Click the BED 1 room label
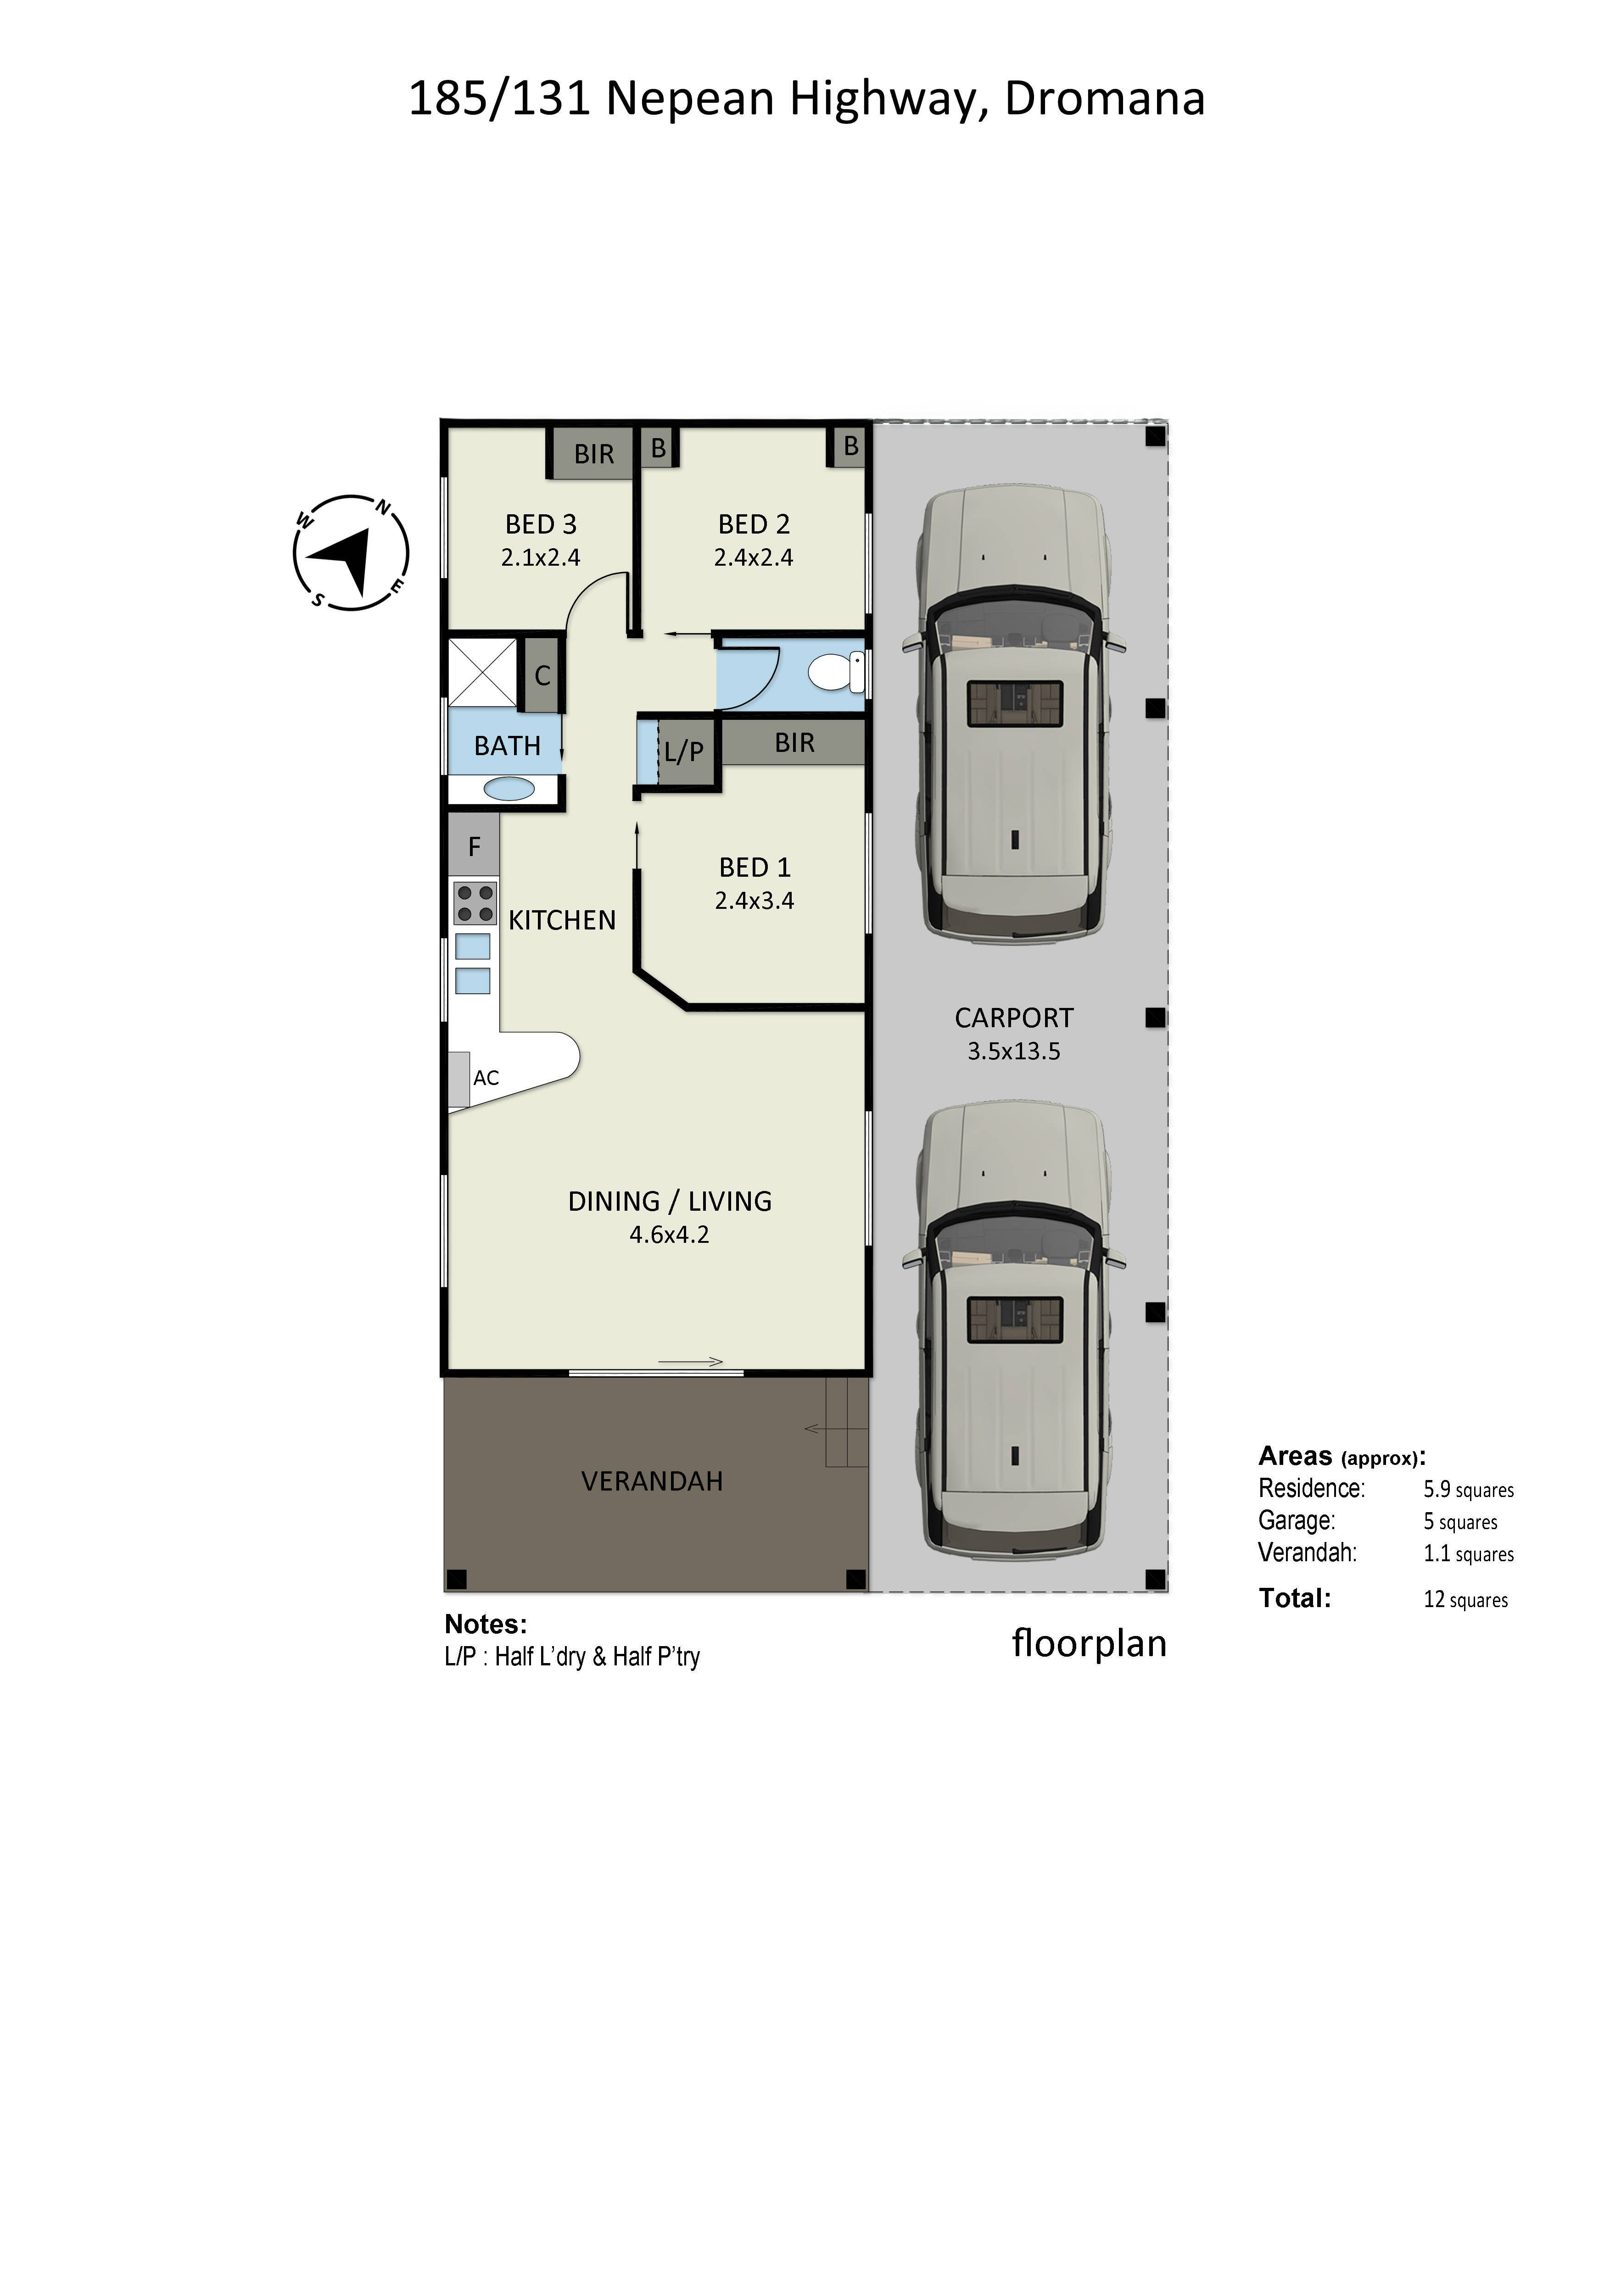[x=755, y=868]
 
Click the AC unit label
[x=486, y=1078]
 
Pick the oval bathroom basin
[x=509, y=789]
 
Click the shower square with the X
[x=482, y=673]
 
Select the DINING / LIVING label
[x=669, y=1202]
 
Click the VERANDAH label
[x=651, y=1481]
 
